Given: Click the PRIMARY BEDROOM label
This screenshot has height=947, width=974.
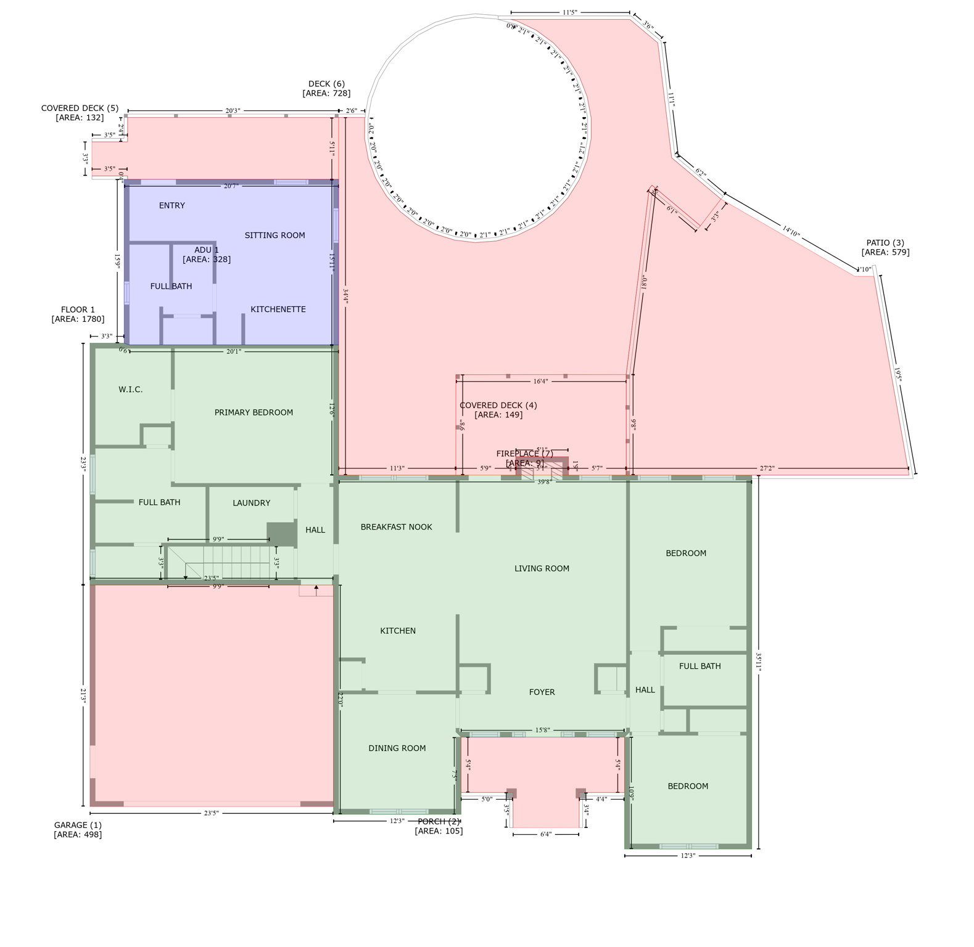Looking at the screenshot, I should [254, 412].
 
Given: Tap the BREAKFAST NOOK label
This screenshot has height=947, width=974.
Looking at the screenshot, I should [396, 527].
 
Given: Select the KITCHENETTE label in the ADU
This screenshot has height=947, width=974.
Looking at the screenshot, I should [278, 310].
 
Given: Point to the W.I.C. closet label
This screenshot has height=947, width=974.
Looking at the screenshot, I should [130, 390].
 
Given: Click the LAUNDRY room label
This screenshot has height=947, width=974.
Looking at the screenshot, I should [251, 503].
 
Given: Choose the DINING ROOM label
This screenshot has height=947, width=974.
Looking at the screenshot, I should [397, 748].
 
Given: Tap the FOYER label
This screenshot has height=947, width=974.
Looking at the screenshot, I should [542, 692].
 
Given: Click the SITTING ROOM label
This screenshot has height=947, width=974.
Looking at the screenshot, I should [274, 236].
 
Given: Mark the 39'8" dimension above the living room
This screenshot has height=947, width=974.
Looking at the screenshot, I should [543, 482].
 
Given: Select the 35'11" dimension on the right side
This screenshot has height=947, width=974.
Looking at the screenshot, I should [759, 662].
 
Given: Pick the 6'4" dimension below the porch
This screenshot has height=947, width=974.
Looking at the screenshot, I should [545, 834].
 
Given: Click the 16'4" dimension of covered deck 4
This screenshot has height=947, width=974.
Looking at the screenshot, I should [540, 382].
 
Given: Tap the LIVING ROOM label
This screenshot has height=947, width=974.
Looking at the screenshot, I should [542, 568].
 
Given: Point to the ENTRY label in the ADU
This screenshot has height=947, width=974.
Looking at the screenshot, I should [171, 206].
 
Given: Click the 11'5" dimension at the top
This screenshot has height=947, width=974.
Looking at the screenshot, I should [569, 12].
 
